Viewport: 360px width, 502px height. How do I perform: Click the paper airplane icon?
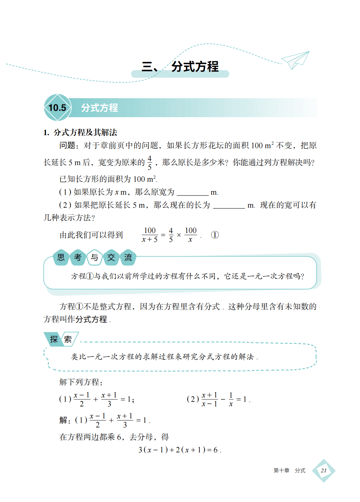(295, 60)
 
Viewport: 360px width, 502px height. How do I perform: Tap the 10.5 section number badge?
(58, 108)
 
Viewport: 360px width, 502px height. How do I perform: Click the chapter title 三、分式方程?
(180, 67)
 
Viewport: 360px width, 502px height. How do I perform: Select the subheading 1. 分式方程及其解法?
(80, 132)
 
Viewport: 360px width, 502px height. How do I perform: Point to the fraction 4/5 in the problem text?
(150, 162)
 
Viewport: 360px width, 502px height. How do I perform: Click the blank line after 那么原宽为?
(192, 193)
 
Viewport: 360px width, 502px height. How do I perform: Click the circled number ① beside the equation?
(215, 235)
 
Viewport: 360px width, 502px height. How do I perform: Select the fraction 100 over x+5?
(150, 235)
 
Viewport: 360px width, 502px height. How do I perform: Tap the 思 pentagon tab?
(61, 257)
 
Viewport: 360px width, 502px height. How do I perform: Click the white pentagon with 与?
(94, 257)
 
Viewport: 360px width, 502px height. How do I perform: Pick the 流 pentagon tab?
(128, 257)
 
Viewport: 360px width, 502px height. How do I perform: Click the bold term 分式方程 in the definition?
(91, 319)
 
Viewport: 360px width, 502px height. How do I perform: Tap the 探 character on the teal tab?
(54, 339)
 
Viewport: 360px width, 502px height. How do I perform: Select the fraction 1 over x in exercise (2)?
(231, 399)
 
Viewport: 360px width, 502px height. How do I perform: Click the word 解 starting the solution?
(63, 420)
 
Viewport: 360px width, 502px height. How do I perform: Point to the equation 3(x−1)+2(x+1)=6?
(180, 450)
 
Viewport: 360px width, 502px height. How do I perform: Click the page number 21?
(324, 471)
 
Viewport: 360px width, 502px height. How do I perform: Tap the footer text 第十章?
(281, 470)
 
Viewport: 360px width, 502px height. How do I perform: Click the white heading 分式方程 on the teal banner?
(99, 108)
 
